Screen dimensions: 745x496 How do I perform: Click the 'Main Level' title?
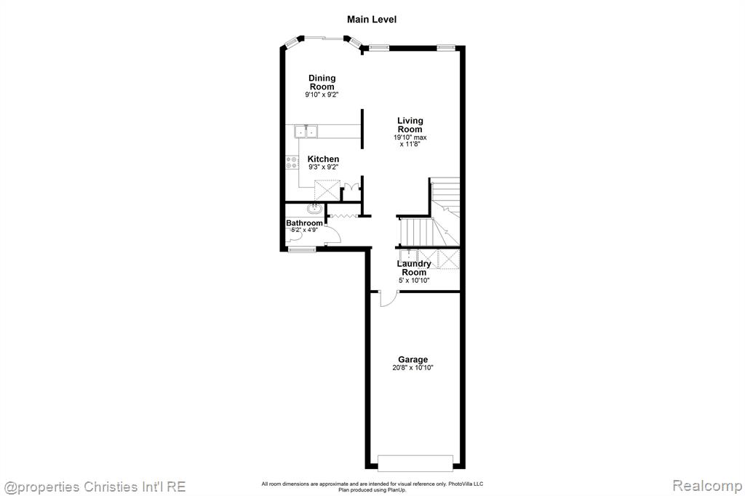coord(372,20)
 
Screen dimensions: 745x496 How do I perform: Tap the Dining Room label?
coord(322,82)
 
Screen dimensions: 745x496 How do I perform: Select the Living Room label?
coord(410,125)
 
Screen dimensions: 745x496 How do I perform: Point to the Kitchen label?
coord(323,159)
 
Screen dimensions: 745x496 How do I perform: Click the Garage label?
coord(413,360)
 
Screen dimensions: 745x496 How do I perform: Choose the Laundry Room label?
coord(414,268)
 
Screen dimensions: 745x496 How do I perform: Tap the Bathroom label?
coord(304,223)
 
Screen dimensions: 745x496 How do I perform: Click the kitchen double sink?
coord(306,131)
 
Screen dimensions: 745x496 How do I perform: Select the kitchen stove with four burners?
coord(292,162)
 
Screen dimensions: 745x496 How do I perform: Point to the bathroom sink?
coord(314,209)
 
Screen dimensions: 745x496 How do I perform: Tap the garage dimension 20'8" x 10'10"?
coord(413,368)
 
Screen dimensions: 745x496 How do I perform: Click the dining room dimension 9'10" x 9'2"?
coord(322,95)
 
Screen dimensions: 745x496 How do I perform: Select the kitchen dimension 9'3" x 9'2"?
coord(323,167)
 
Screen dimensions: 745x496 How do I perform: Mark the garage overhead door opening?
coord(415,463)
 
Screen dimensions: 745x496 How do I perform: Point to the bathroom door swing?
coord(333,234)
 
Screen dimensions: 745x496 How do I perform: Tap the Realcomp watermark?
coord(707,486)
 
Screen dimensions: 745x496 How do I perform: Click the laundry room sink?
coord(408,255)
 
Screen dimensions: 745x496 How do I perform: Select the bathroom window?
coord(302,249)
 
